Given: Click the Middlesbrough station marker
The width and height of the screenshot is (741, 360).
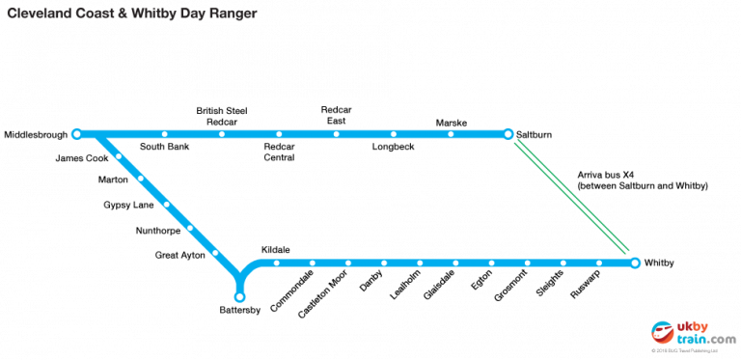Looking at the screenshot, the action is click(x=76, y=133).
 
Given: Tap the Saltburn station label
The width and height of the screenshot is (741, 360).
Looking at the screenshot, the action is click(x=535, y=134).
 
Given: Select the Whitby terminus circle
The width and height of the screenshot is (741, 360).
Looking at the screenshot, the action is click(x=634, y=263).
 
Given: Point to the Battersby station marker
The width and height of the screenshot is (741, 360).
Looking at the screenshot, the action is click(x=240, y=294).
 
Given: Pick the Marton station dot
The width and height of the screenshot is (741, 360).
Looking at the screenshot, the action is click(x=141, y=179).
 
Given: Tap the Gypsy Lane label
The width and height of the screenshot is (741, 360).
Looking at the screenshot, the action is click(x=128, y=205).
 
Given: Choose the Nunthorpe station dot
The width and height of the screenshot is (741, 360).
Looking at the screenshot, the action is click(x=190, y=229).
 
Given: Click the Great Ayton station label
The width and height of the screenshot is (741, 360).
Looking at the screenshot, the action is click(x=179, y=255).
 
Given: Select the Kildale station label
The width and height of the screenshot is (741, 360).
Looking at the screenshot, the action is click(x=275, y=249).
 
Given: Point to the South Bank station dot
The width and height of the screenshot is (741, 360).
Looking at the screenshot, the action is click(x=165, y=134).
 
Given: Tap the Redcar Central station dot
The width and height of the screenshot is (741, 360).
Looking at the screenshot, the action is click(x=279, y=134).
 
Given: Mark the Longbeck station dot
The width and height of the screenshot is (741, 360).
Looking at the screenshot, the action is click(x=394, y=134).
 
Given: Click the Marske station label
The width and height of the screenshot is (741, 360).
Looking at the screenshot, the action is click(x=451, y=123).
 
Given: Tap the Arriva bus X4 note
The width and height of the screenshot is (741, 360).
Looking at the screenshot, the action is click(x=643, y=179).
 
